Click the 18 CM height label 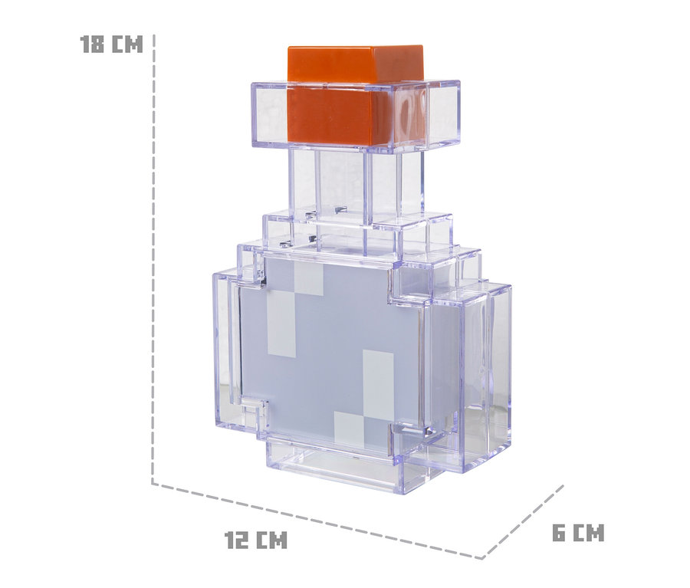click(x=111, y=44)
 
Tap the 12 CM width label click(x=256, y=539)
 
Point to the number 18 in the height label click(x=92, y=44)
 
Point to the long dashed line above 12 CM click(x=318, y=521)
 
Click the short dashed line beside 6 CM click(x=524, y=521)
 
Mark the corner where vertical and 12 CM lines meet click(x=153, y=483)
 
